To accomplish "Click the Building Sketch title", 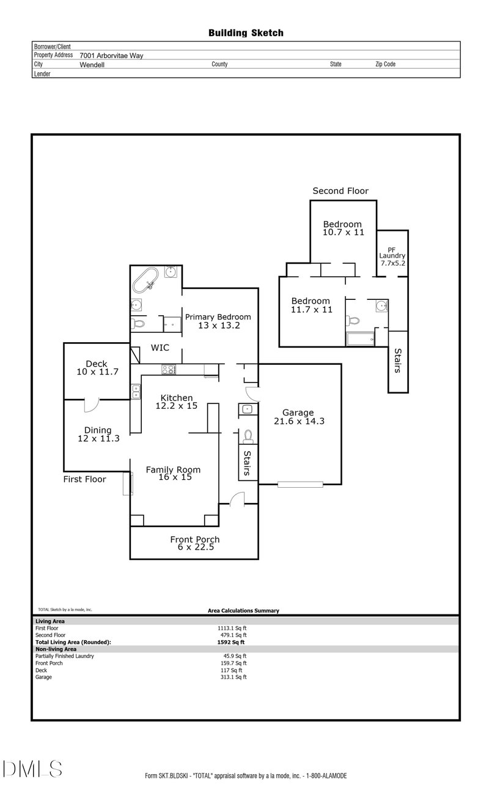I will (x=246, y=33).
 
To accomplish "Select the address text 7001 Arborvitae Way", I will (x=111, y=55).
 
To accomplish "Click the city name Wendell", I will (x=92, y=64).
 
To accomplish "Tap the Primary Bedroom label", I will (x=218, y=321).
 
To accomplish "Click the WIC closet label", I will (x=160, y=348).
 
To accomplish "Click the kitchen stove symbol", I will (x=169, y=369).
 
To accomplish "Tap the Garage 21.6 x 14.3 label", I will (x=298, y=417).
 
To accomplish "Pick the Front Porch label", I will (x=194, y=543).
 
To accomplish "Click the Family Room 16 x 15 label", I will (x=172, y=473).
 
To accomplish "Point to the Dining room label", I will (x=98, y=434).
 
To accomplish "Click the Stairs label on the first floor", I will (x=248, y=463).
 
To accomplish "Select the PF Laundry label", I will (x=392, y=255).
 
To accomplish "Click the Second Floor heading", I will (x=340, y=191).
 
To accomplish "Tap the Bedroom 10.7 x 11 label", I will (x=342, y=228).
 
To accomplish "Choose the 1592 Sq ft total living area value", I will (x=231, y=642).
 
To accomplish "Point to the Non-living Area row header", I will (x=56, y=649).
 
